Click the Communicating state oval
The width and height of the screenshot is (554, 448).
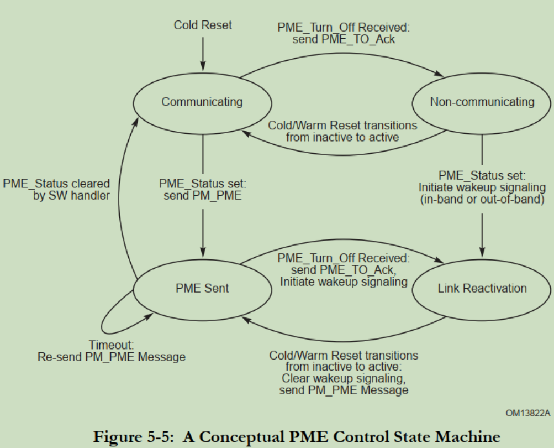pyautogui.click(x=202, y=102)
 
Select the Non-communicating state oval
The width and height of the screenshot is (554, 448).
pyautogui.click(x=482, y=102)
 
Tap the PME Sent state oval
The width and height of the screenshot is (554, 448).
pyautogui.click(x=202, y=288)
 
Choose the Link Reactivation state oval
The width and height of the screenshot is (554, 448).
pyautogui.click(x=482, y=288)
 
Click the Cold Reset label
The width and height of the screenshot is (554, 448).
pyautogui.click(x=203, y=25)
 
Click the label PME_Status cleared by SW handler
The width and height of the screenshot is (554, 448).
pyautogui.click(x=57, y=188)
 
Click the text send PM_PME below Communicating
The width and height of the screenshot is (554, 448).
pyautogui.click(x=203, y=195)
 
